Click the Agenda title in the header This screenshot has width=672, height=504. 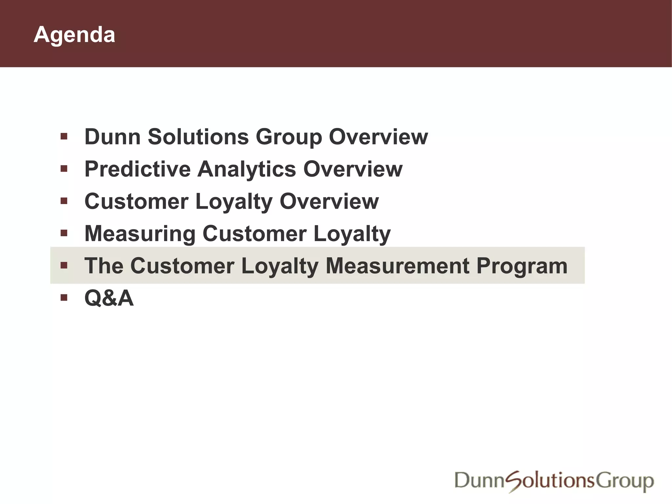74,35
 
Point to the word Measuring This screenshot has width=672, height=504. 140,234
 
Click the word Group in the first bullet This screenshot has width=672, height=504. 289,137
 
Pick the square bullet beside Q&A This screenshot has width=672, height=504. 64,298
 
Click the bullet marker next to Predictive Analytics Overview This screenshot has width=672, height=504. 64,169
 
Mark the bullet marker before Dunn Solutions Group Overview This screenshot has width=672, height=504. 64,136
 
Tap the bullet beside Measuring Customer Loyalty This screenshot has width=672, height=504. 64,233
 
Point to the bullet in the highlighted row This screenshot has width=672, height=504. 64,265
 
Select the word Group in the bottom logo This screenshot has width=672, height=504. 625,481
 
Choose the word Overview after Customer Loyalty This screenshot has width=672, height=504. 329,201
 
